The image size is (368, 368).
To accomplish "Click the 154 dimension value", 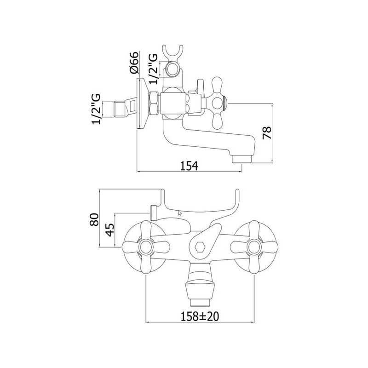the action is [189, 166].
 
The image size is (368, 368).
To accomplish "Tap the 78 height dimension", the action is [267, 133].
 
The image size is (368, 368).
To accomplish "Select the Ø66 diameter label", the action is [134, 63].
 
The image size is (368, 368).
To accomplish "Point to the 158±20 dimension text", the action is [200, 316].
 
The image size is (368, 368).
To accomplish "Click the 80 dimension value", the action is [94, 219].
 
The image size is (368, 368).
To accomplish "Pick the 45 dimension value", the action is [110, 230].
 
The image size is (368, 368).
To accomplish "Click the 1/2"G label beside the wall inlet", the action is [96, 109].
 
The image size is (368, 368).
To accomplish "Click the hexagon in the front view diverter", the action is [200, 247].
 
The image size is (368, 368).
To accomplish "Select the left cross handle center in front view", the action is [146, 247].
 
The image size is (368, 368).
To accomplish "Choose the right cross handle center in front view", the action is [254, 247].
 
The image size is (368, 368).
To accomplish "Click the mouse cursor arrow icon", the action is [180, 213].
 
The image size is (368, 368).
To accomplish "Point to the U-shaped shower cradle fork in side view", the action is [172, 52].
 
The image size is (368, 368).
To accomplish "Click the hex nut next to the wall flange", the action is [155, 103].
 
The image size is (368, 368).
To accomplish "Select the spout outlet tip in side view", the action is [242, 159].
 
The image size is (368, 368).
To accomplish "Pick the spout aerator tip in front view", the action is [200, 303].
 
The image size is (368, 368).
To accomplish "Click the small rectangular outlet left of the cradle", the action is [154, 213].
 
